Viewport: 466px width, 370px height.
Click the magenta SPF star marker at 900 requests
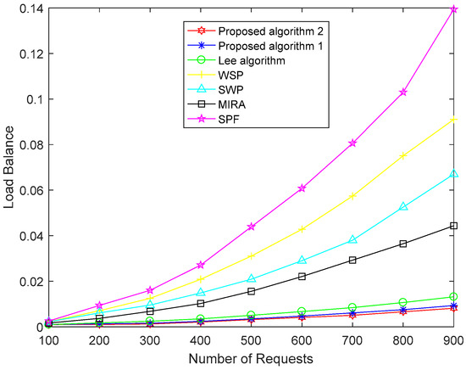coord(454,9)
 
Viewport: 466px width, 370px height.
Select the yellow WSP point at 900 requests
coord(454,119)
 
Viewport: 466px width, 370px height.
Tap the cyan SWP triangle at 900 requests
coord(454,174)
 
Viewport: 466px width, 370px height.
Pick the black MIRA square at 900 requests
coord(454,226)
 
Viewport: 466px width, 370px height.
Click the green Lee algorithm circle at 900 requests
coord(454,297)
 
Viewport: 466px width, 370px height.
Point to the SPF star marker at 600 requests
coord(254,188)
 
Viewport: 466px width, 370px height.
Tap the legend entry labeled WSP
coord(227,76)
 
